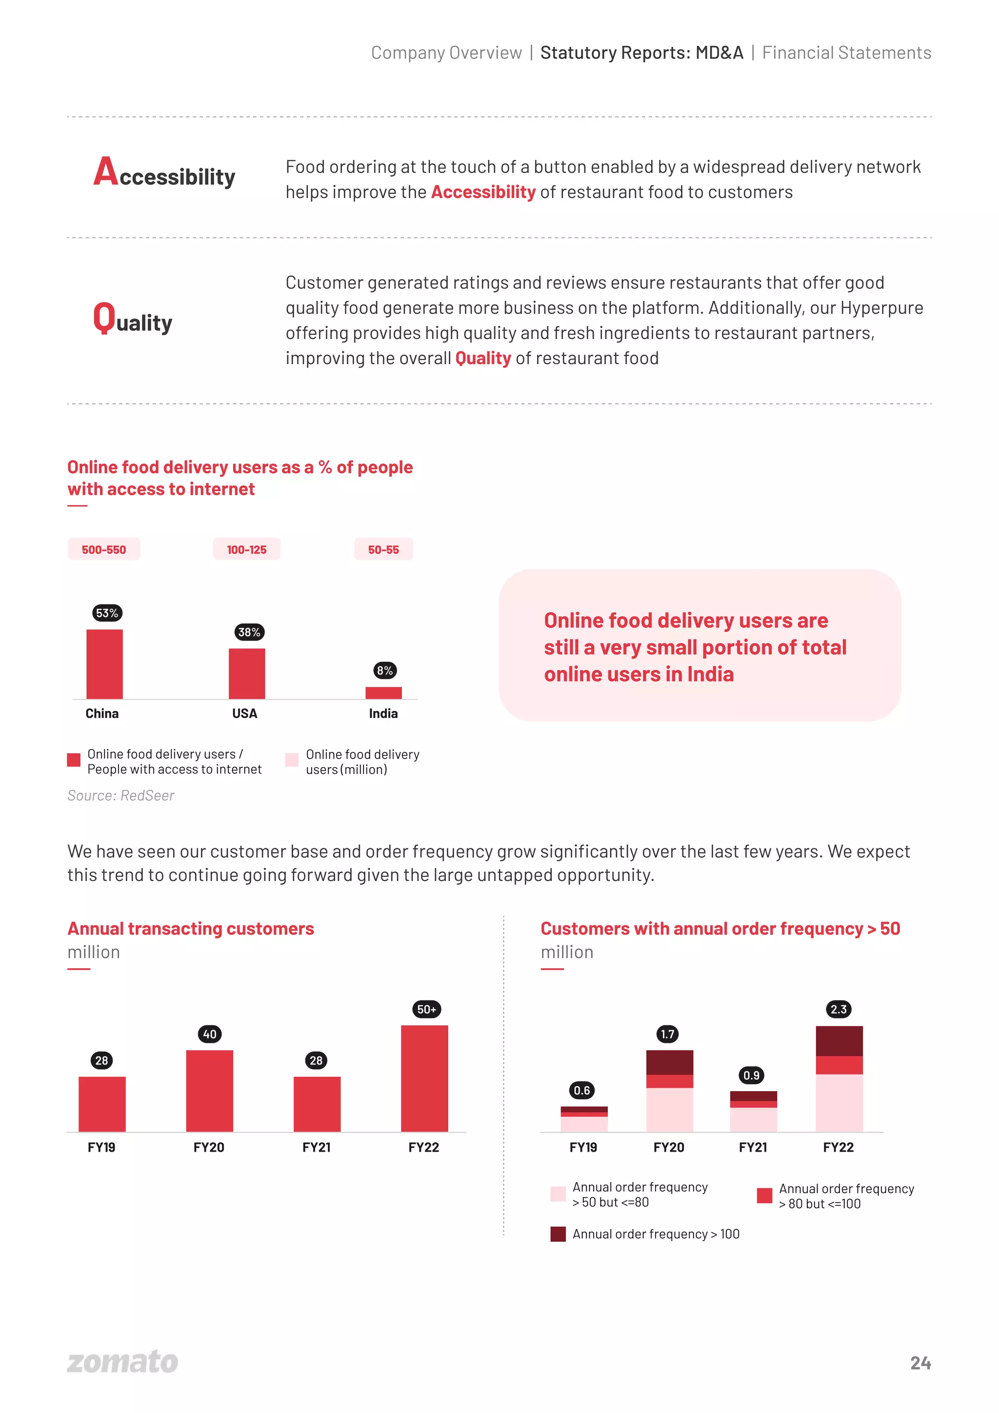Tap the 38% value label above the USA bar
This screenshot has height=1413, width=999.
[249, 631]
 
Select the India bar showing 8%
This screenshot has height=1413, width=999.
[383, 692]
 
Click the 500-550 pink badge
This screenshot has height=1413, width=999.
[103, 549]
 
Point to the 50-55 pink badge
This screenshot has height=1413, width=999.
[383, 549]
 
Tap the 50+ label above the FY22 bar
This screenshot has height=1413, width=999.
[426, 1009]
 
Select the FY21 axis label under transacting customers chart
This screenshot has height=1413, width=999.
[317, 1147]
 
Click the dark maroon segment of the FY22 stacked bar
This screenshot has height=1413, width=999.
[839, 1040]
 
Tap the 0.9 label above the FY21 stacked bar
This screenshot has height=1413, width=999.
[751, 1075]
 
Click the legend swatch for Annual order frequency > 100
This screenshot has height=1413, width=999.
[558, 1234]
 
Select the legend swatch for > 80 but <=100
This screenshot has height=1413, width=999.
[764, 1195]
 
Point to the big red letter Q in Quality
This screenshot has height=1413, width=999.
[104, 317]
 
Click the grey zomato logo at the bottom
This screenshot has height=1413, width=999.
[122, 1361]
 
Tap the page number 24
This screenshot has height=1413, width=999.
[920, 1362]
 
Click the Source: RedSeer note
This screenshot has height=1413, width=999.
[120, 795]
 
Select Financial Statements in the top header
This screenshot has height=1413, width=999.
[846, 53]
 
